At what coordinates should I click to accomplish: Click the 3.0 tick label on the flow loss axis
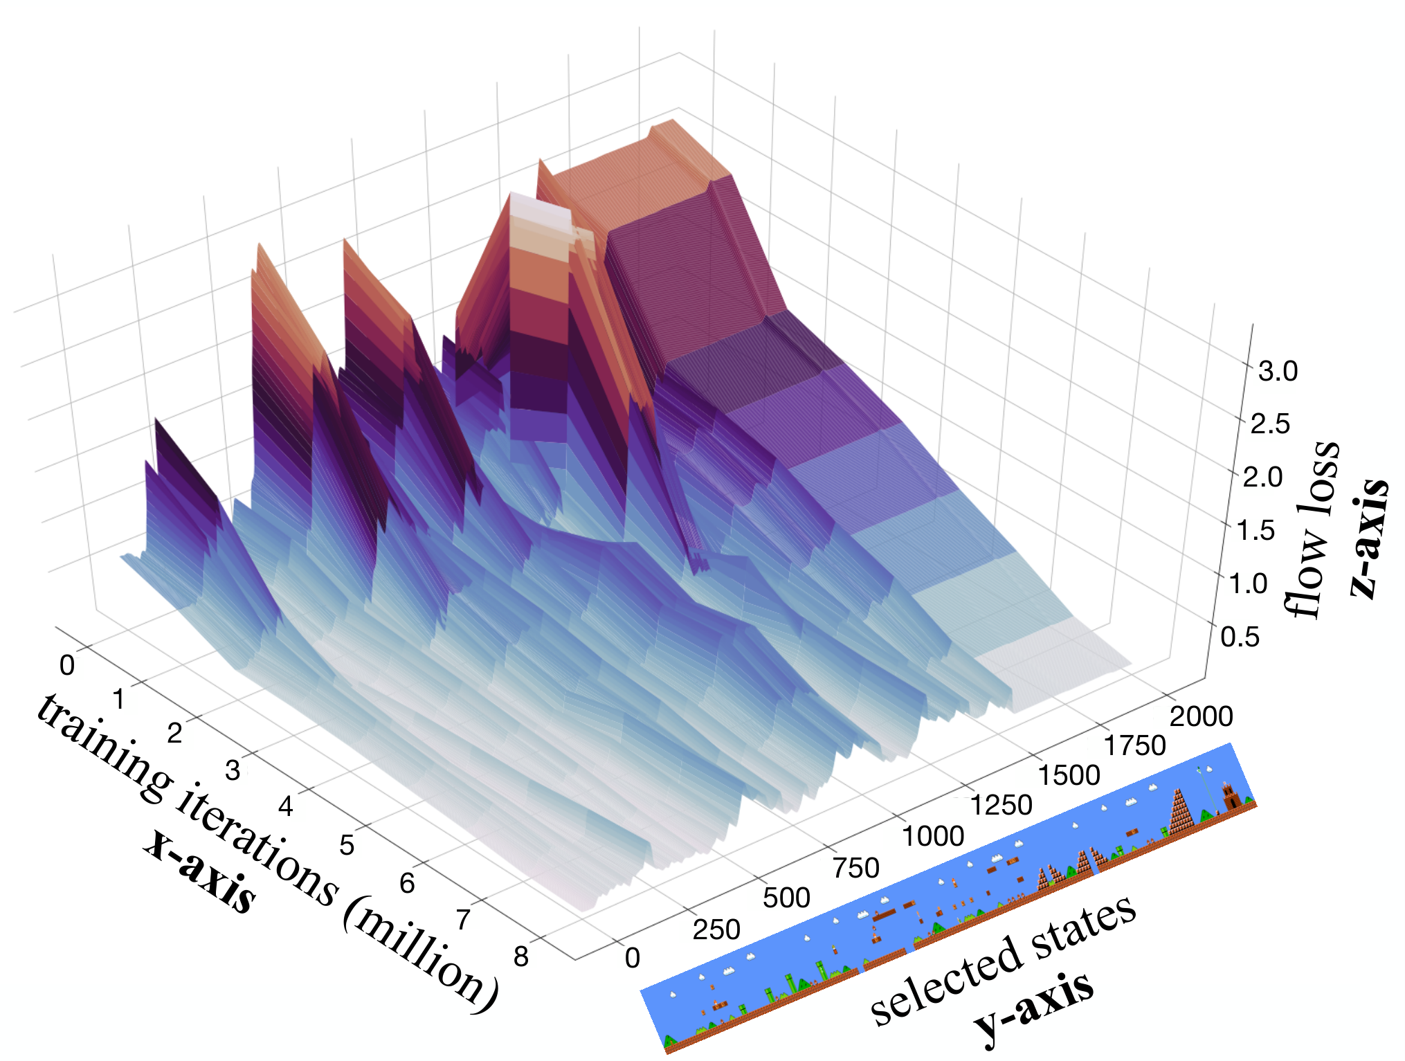pyautogui.click(x=1278, y=372)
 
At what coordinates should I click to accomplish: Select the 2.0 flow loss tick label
pyautogui.click(x=1262, y=477)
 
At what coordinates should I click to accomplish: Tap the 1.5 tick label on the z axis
pyautogui.click(x=1255, y=530)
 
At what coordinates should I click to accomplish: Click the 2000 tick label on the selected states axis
pyautogui.click(x=1201, y=716)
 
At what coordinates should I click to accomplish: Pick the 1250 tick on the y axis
pyautogui.click(x=1001, y=806)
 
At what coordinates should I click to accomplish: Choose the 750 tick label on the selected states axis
pyautogui.click(x=855, y=868)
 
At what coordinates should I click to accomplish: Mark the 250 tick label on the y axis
pyautogui.click(x=716, y=929)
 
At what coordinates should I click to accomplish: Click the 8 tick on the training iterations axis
pyautogui.click(x=521, y=956)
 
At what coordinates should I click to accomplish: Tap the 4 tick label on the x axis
pyautogui.click(x=285, y=806)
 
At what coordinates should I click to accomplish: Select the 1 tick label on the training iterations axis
pyautogui.click(x=119, y=700)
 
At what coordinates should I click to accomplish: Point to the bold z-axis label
pyautogui.click(x=1369, y=538)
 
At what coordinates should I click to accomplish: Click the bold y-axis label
pyautogui.click(x=1034, y=1007)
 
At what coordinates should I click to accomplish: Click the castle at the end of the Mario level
pyautogui.click(x=1231, y=796)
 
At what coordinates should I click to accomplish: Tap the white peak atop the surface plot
pyautogui.click(x=540, y=208)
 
